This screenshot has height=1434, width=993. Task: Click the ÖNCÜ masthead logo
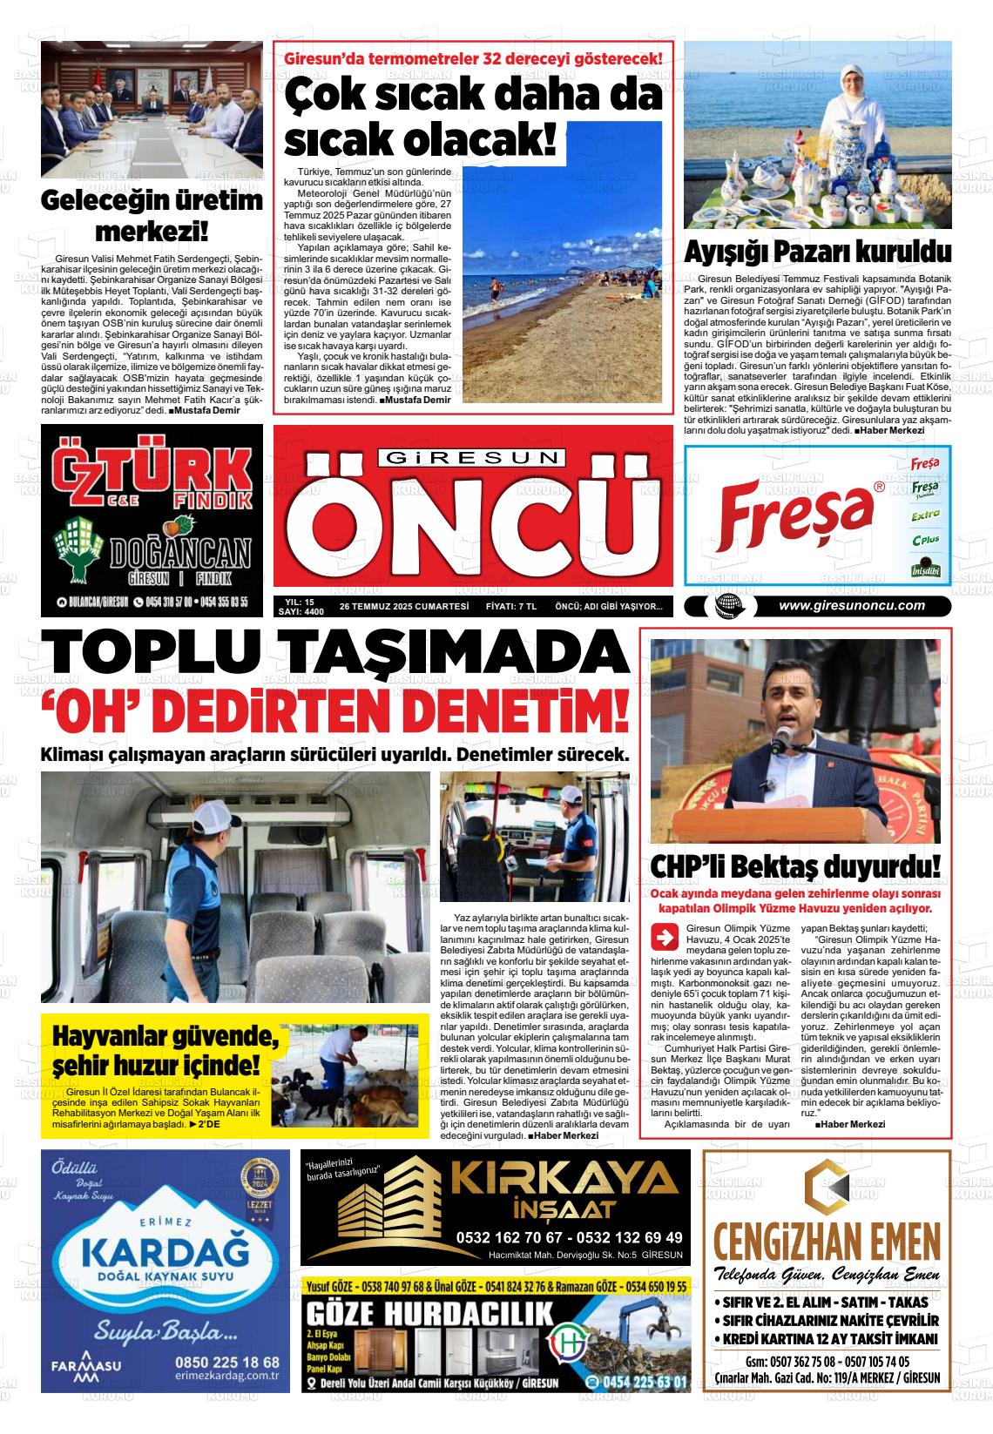click(472, 522)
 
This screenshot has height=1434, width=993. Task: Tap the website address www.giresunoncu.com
click(851, 607)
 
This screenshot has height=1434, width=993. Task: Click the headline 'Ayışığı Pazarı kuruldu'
click(817, 252)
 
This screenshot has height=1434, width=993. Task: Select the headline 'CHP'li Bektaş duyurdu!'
click(795, 867)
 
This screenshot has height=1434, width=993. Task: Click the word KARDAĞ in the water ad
click(164, 1254)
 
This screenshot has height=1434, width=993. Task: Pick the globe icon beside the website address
click(724, 608)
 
